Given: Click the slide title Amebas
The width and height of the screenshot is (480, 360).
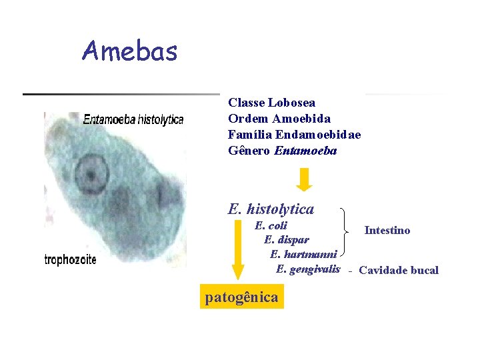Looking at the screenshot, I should coord(129,51).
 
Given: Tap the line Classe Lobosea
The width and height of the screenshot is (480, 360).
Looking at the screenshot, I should coord(271,103).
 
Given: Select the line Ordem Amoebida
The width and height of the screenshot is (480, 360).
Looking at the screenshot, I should coord(279,119).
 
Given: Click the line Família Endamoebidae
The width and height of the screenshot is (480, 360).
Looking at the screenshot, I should coord(294,135).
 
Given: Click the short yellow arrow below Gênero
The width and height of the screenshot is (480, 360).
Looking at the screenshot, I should coord(304,179).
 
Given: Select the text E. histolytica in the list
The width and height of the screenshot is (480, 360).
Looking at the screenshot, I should coord(271,209).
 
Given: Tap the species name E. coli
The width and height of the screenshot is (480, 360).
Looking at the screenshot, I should coord(271,226).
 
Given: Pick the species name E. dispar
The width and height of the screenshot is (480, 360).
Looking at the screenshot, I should coord(287,240).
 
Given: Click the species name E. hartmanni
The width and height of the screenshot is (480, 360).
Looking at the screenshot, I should coord(303,254).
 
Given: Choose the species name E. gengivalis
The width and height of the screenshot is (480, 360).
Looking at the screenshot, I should coord(308,269).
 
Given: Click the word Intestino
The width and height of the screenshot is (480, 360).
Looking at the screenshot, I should coord(387,231).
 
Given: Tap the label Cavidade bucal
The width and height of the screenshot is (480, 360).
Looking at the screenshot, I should coord(399,270).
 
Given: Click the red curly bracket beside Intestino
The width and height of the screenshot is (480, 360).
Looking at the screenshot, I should coord(345,231).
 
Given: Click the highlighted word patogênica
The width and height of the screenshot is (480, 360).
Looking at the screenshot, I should coord(241,297).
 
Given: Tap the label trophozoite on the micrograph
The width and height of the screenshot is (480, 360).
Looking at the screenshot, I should coord(70,260).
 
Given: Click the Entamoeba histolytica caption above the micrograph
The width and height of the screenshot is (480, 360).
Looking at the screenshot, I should coord(133,120).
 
